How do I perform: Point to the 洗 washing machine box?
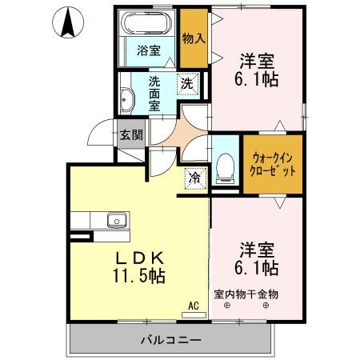186,82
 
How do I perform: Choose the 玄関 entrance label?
130,134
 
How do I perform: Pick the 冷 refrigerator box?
195,178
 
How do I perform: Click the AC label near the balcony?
193,305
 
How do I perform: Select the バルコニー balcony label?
171,339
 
